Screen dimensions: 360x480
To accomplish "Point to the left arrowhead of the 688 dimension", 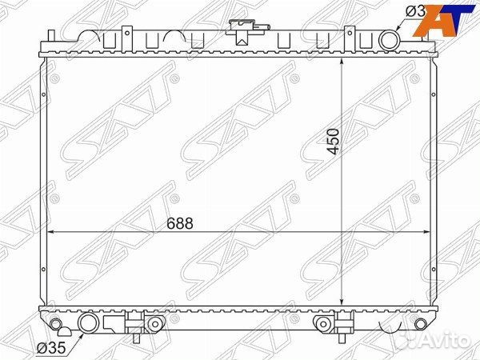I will pyautogui.click(x=53, y=233).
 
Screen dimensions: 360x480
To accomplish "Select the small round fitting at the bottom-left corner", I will pyautogui.click(x=55, y=324).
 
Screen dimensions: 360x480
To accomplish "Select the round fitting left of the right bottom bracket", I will pyautogui.click(x=322, y=324).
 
